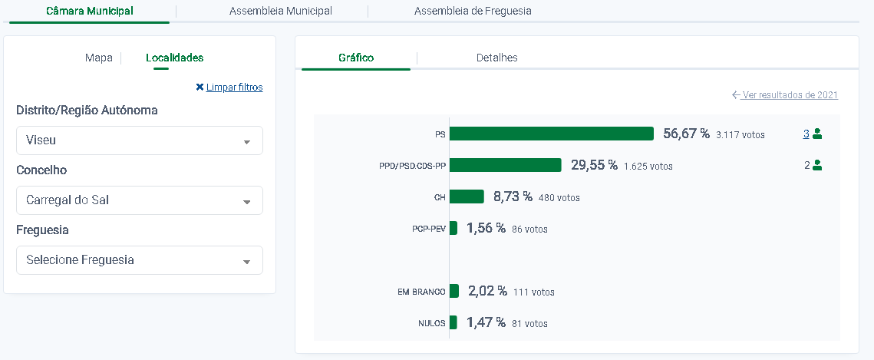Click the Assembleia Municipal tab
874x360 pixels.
point(280,12)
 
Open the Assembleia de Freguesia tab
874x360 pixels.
point(473,12)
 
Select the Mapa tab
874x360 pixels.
point(99,58)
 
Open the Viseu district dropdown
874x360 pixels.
point(140,140)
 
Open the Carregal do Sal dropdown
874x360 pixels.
point(140,200)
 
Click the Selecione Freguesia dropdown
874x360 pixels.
point(140,260)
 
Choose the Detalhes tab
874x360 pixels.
point(496,58)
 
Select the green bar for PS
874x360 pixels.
point(551,134)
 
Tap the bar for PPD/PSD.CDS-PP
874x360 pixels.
point(505,165)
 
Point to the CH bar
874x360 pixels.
point(467,197)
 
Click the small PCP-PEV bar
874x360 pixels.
point(453,228)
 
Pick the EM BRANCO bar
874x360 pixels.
point(454,291)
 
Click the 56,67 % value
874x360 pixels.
point(686,134)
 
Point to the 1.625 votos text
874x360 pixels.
point(648,166)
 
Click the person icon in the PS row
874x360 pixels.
point(817,134)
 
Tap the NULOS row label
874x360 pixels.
point(431,323)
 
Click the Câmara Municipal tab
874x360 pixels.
point(89,12)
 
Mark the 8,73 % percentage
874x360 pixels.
point(513,197)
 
